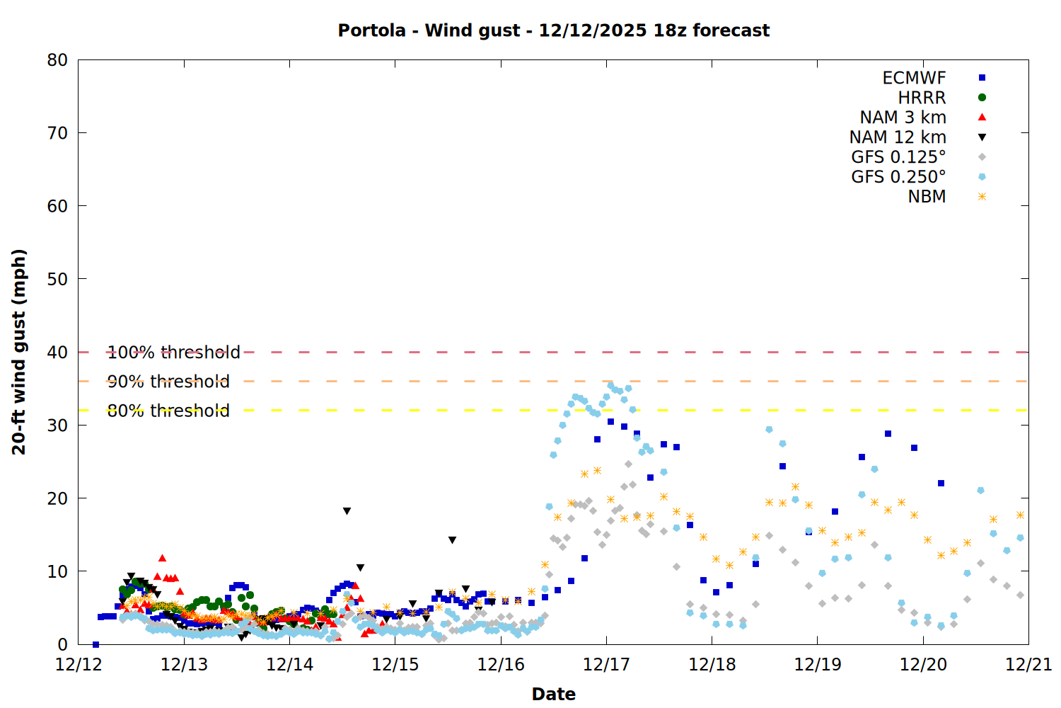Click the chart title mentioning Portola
point(553,30)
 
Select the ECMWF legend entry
point(914,78)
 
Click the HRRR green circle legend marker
point(982,98)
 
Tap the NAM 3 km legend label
point(903,118)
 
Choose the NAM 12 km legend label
point(898,137)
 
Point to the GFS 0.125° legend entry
point(898,157)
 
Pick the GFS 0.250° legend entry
point(898,177)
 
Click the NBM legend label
point(927,197)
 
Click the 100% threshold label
point(173,352)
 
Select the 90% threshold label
point(168,382)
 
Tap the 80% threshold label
point(168,411)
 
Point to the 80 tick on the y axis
point(57,60)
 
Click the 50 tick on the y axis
point(57,279)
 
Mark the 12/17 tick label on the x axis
point(606,665)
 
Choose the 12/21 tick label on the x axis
point(1028,665)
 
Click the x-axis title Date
point(553,694)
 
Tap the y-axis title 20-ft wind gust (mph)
point(19,352)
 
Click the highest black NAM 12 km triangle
point(347,511)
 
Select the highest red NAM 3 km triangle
point(162,558)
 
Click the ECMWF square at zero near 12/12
point(95,644)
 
